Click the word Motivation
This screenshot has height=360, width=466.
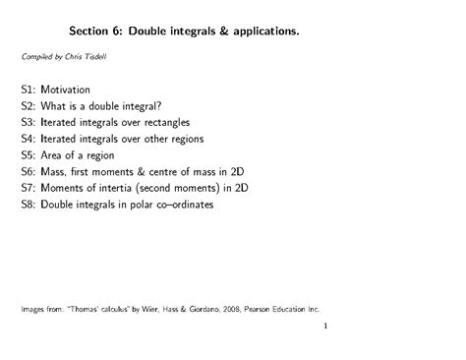pos(73,90)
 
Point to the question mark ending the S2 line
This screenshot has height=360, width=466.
pos(161,106)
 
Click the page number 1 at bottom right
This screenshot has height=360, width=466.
pos(324,330)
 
